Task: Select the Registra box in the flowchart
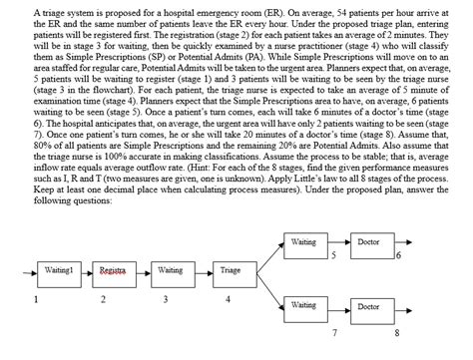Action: pyautogui.click(x=112, y=270)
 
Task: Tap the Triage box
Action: pyautogui.click(x=230, y=270)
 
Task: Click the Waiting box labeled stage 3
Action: pyautogui.click(x=171, y=270)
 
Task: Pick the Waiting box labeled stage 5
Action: pyautogui.click(x=303, y=242)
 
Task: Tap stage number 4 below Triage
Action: pyautogui.click(x=230, y=298)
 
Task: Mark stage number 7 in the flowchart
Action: pyautogui.click(x=335, y=329)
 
